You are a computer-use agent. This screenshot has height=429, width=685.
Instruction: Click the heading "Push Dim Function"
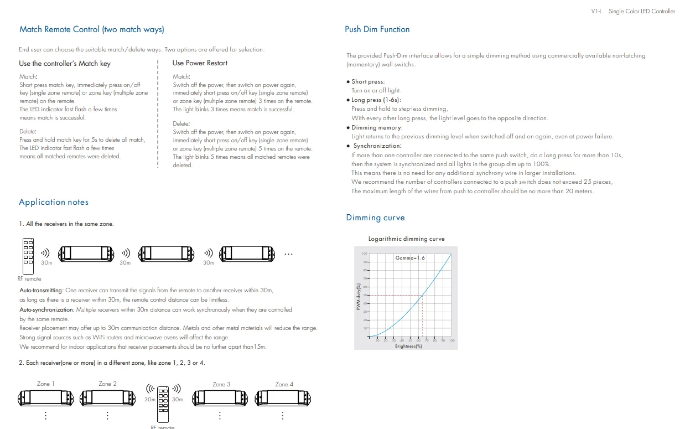pos(377,29)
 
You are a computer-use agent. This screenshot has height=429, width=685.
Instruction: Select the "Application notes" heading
pos(54,202)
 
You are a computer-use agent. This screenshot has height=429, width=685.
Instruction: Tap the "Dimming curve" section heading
pos(375,218)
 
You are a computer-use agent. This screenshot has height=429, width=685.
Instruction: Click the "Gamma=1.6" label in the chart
pos(410,258)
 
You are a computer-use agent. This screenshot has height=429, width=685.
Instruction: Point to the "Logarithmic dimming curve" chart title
pos(406,239)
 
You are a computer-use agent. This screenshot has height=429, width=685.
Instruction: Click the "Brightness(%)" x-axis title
pos(408,347)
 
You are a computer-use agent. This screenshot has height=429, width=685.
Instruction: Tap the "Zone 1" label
pos(46,384)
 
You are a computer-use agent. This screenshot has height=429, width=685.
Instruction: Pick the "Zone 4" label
pos(284,384)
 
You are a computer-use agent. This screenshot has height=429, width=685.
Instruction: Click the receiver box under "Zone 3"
pos(220,397)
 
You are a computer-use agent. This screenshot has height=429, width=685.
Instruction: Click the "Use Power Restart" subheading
pos(200,63)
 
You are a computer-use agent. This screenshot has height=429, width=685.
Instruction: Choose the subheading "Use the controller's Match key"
pos(65,64)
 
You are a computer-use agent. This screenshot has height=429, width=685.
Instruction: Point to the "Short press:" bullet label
pos(368,82)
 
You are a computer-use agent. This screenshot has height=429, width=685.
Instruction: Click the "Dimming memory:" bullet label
pos(377,128)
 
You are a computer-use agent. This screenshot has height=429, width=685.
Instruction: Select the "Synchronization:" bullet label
pos(377,146)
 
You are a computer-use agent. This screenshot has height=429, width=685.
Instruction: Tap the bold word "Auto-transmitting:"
pos(41,290)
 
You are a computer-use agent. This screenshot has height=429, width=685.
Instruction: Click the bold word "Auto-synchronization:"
pos(46,309)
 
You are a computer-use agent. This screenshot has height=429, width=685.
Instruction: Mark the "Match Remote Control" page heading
pos(92,29)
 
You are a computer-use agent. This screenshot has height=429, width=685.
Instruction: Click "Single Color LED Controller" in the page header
pos(642,11)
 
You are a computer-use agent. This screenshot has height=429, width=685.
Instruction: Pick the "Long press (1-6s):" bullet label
pos(376,100)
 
